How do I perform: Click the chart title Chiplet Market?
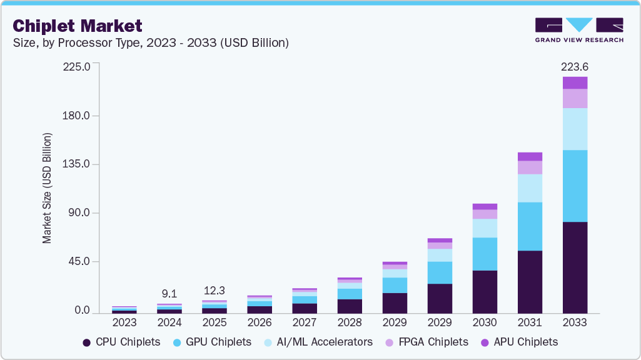78,26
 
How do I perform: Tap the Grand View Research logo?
578,30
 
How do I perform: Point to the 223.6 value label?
575,67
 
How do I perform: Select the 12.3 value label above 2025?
215,291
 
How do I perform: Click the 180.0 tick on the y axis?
78,116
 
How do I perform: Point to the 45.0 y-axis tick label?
80,261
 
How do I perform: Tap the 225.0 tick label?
78,67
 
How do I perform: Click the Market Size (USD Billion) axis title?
47,188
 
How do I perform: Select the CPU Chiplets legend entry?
121,342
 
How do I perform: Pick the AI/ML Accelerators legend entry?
318,342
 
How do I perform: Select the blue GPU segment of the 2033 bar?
575,186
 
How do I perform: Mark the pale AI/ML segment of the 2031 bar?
530,188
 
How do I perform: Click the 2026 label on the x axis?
260,323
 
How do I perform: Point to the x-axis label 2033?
575,323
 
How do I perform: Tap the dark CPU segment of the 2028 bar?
350,306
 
